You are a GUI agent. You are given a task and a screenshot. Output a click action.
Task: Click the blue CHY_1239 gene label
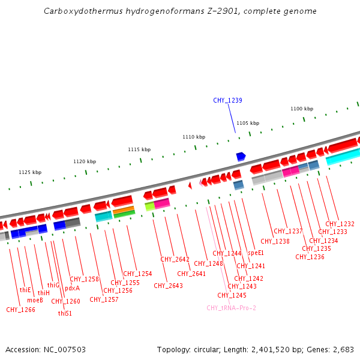pos(227,100)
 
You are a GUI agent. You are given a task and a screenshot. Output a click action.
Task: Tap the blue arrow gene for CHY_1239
pos(241,157)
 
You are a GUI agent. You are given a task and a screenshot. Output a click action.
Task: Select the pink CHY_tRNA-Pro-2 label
pos(231,308)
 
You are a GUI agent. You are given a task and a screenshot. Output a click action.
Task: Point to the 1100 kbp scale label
pos(302,109)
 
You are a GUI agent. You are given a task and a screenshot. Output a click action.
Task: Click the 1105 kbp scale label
pos(248,123)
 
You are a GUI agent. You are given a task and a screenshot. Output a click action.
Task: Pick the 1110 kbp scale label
pos(194,137)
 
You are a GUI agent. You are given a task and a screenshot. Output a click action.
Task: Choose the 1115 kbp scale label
pos(139,149)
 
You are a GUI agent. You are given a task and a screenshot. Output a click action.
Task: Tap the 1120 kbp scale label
pos(85,161)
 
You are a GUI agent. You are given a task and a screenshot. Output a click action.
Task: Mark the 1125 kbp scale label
pos(30,172)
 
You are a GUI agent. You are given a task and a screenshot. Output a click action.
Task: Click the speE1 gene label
pos(256,253)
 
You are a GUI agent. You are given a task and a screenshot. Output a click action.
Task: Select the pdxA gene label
pos(72,288)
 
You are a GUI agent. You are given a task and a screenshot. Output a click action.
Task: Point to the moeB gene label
pos(35,299)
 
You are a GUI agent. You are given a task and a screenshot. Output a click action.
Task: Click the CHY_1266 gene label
pos(20,310)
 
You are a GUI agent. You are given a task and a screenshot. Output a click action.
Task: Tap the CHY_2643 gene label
pos(168,286)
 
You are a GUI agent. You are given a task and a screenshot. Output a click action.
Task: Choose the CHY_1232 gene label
pos(340,224)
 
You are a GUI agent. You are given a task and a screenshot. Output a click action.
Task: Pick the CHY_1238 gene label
pos(275,241)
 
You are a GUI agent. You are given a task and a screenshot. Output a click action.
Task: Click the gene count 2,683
pos(343,349)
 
